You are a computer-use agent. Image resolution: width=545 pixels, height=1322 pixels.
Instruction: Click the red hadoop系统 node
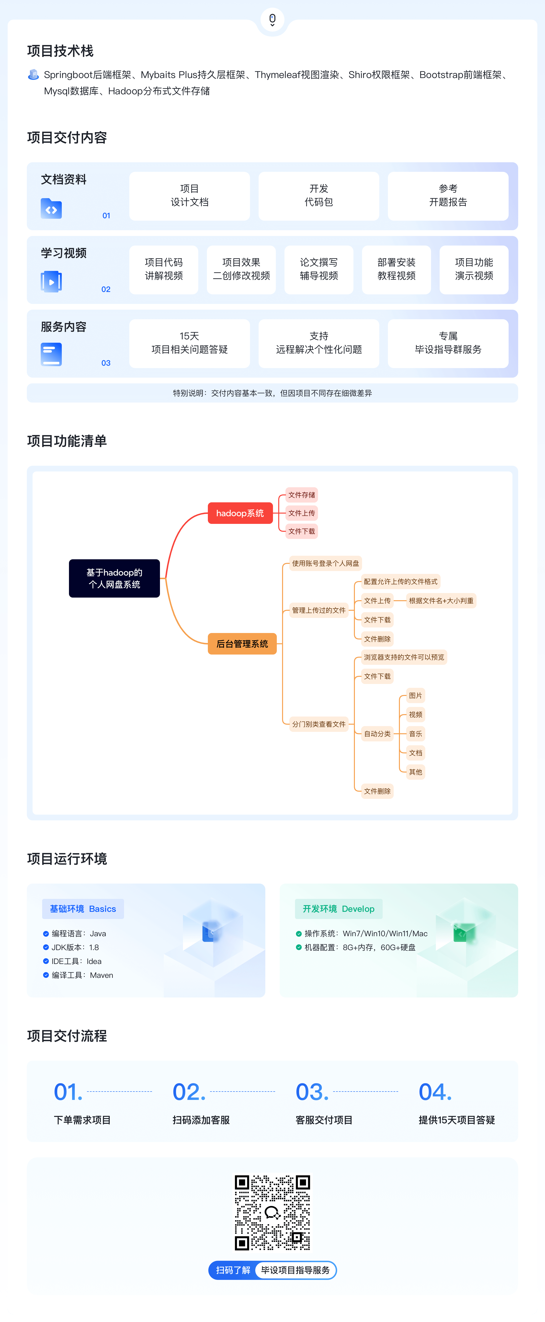pos(240,513)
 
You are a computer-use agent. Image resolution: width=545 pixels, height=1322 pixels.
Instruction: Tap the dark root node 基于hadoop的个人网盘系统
pos(114,578)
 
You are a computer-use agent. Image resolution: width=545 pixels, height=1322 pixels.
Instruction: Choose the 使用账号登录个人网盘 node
pos(325,564)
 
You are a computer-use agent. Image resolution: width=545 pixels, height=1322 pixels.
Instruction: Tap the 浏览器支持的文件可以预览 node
pos(404,657)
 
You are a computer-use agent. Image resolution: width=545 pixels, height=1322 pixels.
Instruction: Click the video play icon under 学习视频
pos(51,282)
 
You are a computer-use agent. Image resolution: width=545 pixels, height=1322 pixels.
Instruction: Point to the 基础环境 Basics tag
pos(83,909)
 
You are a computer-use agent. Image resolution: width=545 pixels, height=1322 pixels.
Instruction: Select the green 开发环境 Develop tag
pos(339,909)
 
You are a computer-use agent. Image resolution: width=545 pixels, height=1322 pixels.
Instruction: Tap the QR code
pos(272,1212)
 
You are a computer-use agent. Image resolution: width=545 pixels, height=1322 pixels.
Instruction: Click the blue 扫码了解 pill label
pos(233,1270)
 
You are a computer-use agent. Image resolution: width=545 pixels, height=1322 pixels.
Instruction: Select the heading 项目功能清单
pos(67,441)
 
